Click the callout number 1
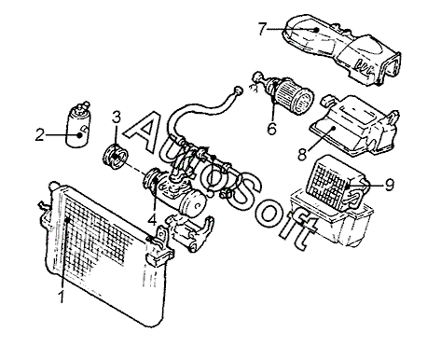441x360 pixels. [62, 297]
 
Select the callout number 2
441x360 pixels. [39, 135]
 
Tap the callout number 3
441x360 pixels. [117, 118]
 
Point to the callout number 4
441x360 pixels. [152, 219]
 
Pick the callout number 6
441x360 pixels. [271, 128]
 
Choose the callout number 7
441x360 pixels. [262, 29]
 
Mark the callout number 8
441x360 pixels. [302, 154]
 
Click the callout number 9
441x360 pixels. [389, 185]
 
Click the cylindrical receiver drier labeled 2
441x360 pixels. [79, 125]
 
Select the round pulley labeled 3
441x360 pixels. [116, 157]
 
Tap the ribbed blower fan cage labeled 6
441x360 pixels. [294, 96]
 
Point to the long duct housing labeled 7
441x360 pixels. [341, 49]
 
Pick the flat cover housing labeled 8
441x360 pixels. [353, 126]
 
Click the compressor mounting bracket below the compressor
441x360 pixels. [189, 233]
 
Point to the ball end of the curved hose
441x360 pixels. [238, 90]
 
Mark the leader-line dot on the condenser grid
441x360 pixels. [67, 220]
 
